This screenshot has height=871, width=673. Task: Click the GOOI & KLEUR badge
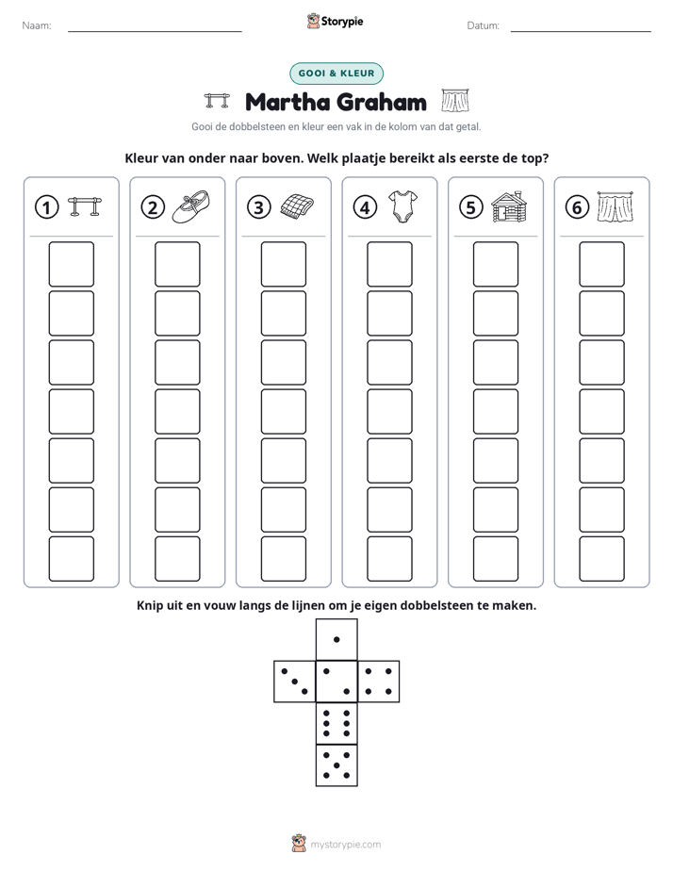tap(336, 74)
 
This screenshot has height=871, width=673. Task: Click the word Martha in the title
tap(287, 102)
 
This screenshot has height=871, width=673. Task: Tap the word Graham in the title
tap(382, 102)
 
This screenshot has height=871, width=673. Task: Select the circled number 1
tap(46, 207)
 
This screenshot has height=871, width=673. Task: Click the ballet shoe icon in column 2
tap(191, 206)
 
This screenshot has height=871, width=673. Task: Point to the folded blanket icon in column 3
tap(297, 206)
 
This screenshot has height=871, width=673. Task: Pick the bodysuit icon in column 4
tap(403, 206)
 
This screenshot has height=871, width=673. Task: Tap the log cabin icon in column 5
tap(509, 206)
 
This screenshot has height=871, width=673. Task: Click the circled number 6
tap(577, 207)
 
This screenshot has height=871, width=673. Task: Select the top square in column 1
tap(71, 264)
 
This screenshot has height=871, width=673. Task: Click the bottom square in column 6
tap(602, 559)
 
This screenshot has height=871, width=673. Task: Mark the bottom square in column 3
tap(284, 559)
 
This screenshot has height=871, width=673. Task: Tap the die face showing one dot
tap(336, 640)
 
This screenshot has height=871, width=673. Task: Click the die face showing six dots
tap(336, 723)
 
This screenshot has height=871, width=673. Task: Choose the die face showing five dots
tap(336, 765)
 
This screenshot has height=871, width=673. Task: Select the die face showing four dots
tap(379, 682)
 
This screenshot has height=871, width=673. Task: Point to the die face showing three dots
tap(295, 682)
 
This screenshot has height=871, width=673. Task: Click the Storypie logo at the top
tap(336, 21)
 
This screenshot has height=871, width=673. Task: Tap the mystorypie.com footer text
tap(345, 845)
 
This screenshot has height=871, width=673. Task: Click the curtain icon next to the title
tap(455, 100)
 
